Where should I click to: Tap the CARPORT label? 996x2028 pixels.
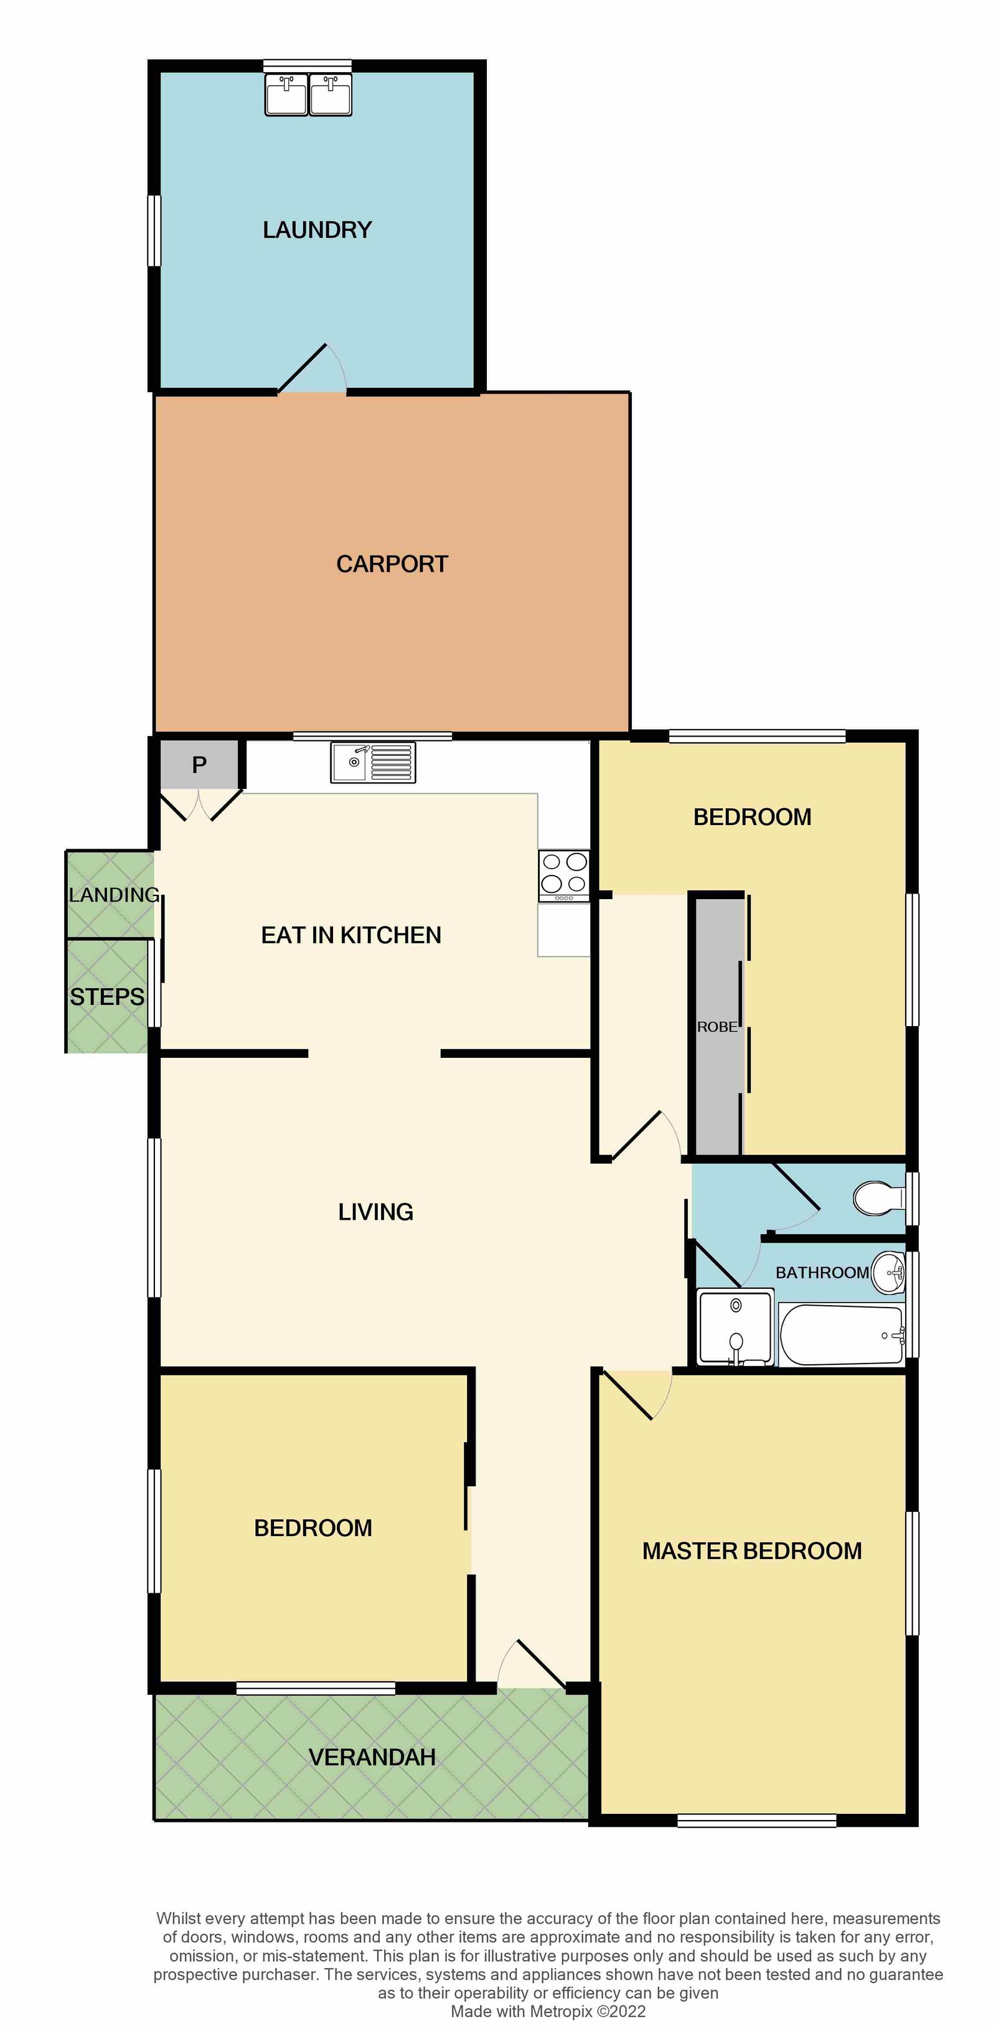click(392, 564)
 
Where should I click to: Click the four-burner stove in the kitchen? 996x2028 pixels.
click(564, 875)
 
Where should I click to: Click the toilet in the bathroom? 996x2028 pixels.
click(880, 1197)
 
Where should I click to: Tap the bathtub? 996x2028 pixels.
click(841, 1334)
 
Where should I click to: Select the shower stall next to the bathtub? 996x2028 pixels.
click(735, 1326)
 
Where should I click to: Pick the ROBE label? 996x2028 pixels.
click(717, 1027)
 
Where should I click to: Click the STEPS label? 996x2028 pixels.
click(107, 997)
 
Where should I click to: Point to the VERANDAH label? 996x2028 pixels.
click(372, 1757)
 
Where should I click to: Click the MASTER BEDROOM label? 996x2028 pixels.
click(752, 1551)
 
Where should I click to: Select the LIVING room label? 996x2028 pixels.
click(375, 1212)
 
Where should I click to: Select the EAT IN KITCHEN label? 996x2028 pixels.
click(351, 935)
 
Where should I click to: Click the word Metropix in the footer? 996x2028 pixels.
click(561, 2011)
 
